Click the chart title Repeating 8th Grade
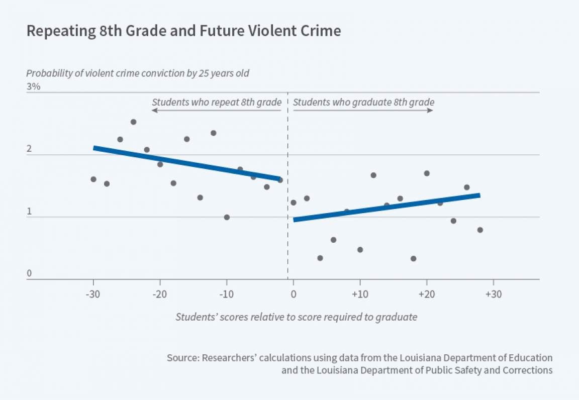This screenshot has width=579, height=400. point(183,31)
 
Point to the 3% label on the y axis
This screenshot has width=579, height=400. point(33,86)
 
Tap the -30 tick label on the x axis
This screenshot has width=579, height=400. point(93,294)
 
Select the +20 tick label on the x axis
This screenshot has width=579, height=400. point(426,294)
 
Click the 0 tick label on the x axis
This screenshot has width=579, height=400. point(293,294)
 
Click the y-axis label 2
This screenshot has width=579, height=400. point(29,149)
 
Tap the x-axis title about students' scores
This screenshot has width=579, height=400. point(297,317)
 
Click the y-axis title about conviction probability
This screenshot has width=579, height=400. point(138,73)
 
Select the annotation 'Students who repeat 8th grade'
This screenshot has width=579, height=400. point(217,102)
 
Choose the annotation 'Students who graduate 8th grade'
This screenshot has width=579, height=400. point(363,102)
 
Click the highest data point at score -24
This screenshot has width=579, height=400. point(133,122)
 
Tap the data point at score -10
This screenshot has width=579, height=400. point(227,218)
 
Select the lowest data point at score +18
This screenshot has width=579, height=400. point(413,259)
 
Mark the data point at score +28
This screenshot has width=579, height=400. point(480,230)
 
